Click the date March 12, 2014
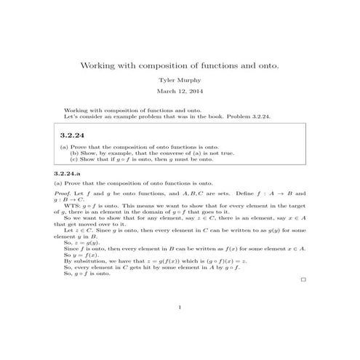(180, 92)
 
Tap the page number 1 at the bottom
(180, 307)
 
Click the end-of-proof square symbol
(303, 279)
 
